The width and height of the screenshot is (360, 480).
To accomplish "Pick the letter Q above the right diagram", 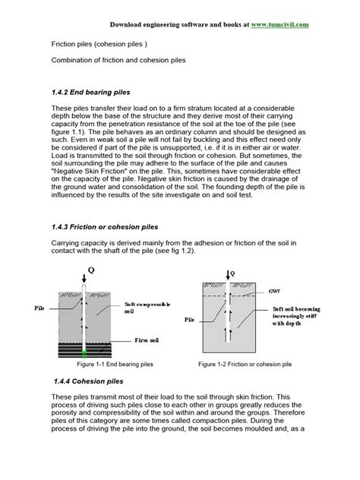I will click(232, 271).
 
